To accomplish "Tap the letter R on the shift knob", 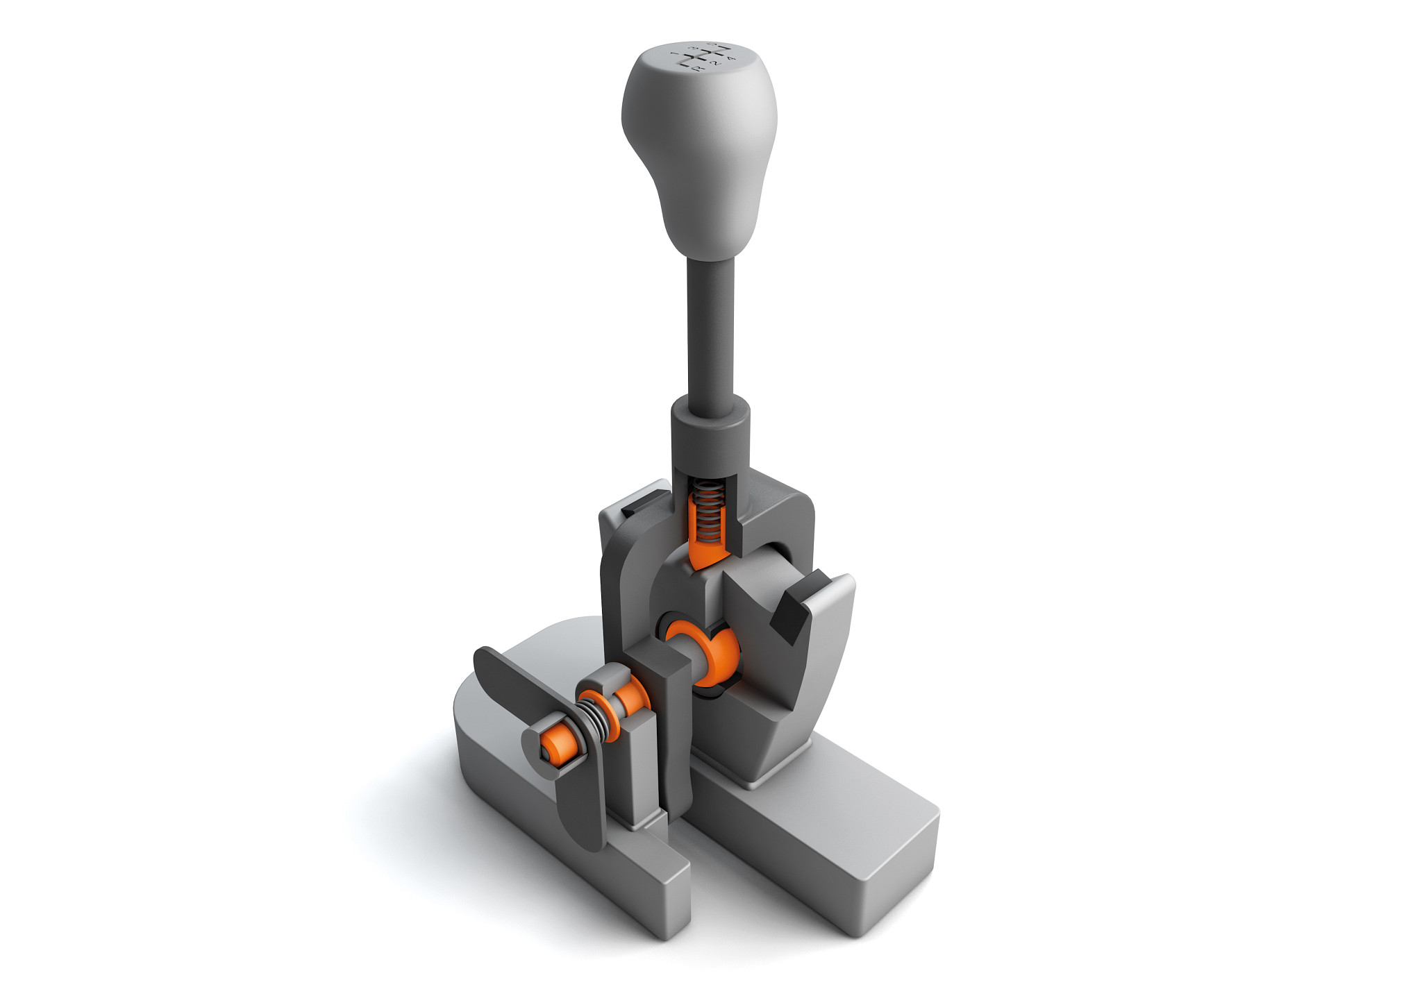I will coord(698,69).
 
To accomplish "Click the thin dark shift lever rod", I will coord(710,326).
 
